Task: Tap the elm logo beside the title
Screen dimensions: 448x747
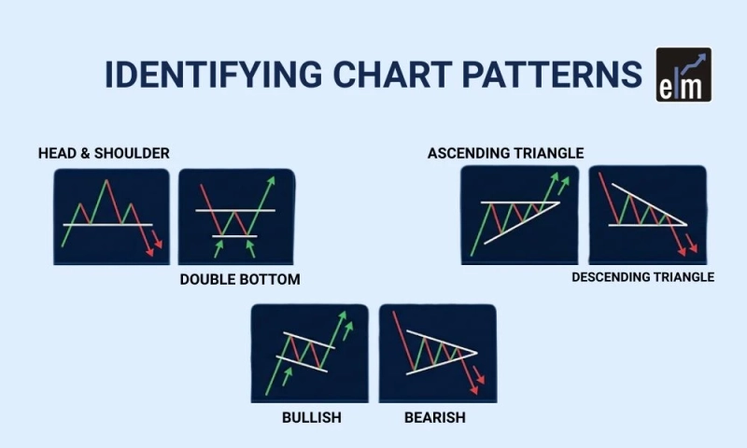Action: tap(684, 74)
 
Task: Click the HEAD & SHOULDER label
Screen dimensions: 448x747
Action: tap(104, 153)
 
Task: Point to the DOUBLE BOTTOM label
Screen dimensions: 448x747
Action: tap(240, 279)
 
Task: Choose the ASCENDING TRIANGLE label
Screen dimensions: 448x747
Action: tap(505, 153)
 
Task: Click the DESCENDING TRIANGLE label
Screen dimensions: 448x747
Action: tap(642, 277)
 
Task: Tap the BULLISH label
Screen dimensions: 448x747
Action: tap(311, 417)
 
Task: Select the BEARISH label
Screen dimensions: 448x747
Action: tap(434, 417)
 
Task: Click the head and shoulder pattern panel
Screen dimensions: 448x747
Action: tap(111, 217)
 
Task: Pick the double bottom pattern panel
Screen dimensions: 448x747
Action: tap(236, 217)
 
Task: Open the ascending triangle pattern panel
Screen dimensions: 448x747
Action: tap(520, 215)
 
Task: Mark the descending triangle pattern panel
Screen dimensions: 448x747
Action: tap(647, 215)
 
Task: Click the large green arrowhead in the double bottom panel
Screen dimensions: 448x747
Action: tap(271, 181)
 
